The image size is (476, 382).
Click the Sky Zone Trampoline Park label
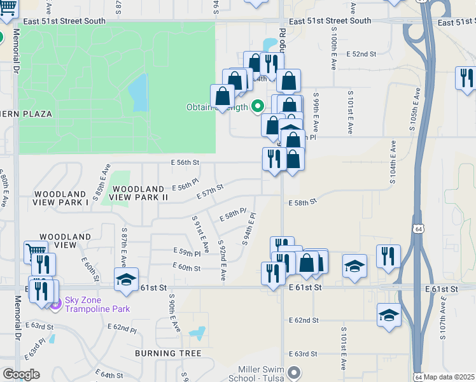95,304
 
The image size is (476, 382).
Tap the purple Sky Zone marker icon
55,304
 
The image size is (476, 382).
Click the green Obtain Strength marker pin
258,106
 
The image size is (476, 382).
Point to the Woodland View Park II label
139,193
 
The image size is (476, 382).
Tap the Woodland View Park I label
60,197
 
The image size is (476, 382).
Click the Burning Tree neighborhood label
168,353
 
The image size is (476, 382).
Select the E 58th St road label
302,202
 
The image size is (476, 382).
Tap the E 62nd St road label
303,320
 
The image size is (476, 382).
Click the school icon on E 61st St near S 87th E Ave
127,279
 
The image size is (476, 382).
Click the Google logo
21,374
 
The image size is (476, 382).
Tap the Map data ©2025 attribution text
449,377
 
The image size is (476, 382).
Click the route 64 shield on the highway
418,228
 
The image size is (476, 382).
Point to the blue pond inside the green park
138,93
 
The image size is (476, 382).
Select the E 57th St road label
209,192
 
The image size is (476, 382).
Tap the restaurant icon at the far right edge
466,78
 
